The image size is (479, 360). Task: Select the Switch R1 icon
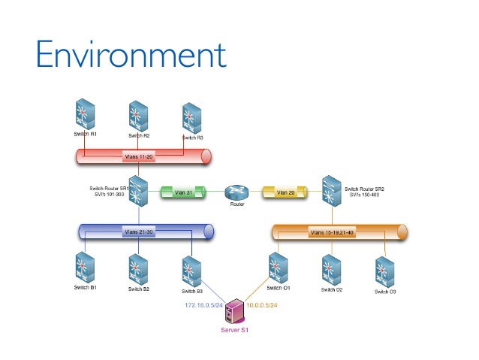(84, 115)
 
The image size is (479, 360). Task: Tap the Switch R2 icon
(137, 116)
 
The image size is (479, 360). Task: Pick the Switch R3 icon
(191, 119)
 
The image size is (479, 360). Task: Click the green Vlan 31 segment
(183, 192)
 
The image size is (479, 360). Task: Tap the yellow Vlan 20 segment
(285, 192)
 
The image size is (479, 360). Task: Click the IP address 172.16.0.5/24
(204, 306)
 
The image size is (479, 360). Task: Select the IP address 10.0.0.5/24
(262, 306)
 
